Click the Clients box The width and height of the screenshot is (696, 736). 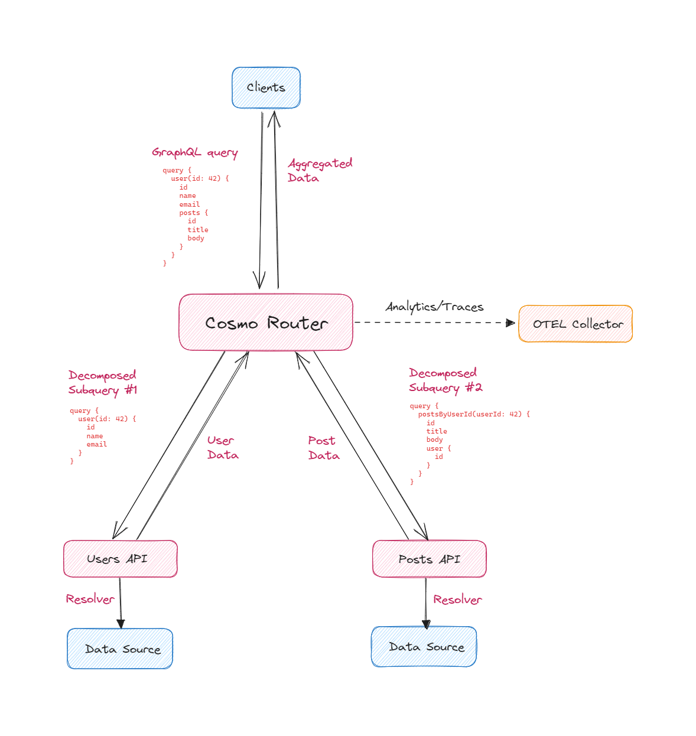(x=266, y=87)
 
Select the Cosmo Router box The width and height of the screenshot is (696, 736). (x=266, y=323)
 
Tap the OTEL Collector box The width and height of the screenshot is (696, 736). (x=575, y=324)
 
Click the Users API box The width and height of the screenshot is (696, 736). (x=120, y=559)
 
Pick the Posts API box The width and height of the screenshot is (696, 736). (x=429, y=559)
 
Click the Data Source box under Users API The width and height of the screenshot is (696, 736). (x=120, y=649)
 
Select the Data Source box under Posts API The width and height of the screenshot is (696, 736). (x=424, y=647)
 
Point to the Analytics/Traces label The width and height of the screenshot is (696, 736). (x=434, y=307)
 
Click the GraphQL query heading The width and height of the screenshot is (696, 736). (x=194, y=152)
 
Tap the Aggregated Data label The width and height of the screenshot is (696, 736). (x=320, y=170)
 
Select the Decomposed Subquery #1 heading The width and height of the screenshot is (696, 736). (x=102, y=382)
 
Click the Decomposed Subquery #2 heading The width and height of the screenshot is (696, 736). (x=445, y=380)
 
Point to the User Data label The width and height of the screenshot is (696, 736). (x=223, y=448)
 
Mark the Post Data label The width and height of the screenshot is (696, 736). (x=324, y=448)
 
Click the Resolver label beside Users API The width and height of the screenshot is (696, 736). (x=90, y=599)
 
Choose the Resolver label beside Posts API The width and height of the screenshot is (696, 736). (x=457, y=600)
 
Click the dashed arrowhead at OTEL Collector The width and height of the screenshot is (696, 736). (x=510, y=323)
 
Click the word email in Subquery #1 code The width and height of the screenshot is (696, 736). (x=97, y=444)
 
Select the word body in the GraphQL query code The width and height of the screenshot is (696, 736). (x=196, y=238)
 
